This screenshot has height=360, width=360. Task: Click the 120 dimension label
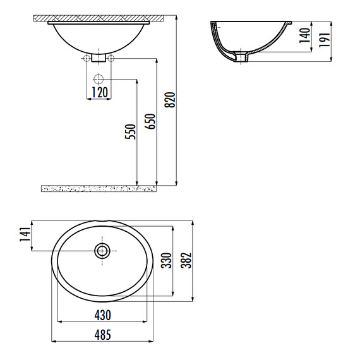pos(100,92)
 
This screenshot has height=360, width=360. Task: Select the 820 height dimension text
pos(170,100)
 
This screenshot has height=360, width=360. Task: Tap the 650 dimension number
pos(150,121)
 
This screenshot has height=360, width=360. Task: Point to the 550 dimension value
pos(130,131)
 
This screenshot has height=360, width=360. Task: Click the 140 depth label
pos(305,35)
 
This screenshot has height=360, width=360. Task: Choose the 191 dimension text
pos(325,40)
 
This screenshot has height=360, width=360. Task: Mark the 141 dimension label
pos(25,234)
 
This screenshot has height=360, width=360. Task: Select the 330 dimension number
pos(166,260)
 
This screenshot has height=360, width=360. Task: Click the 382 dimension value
pos(186,260)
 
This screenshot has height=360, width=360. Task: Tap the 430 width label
pos(102,315)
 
